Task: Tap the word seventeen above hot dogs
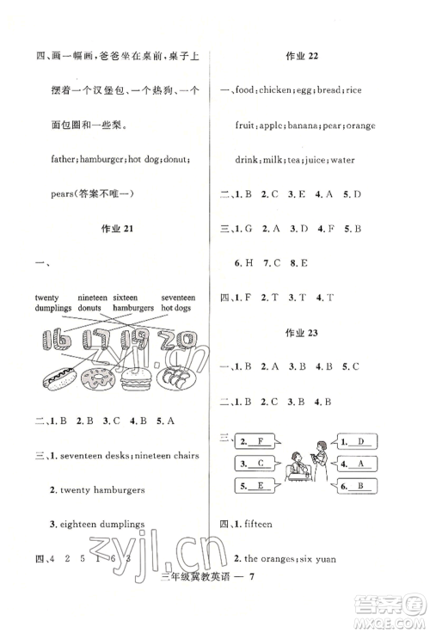coord(178,297)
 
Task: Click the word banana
coord(303,125)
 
